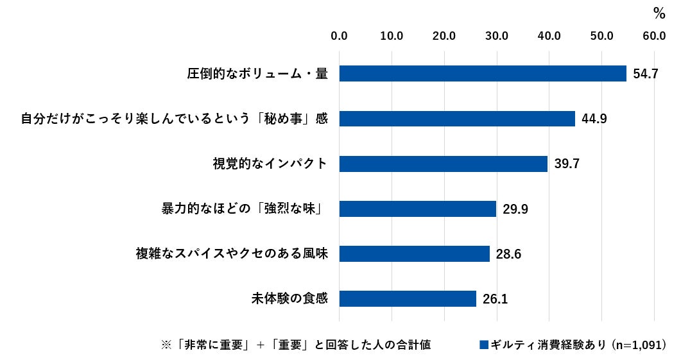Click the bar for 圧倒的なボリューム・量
(482, 74)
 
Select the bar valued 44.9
(456, 119)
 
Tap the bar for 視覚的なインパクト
(443, 164)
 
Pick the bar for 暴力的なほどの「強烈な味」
(417, 209)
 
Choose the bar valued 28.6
(414, 253)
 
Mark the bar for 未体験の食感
(408, 298)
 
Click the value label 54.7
(645, 74)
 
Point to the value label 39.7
(567, 164)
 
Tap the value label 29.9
(515, 209)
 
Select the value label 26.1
(496, 298)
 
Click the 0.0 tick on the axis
(339, 36)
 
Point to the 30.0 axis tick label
(497, 36)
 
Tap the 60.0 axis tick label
(654, 36)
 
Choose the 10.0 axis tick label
(392, 36)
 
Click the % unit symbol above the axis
(659, 12)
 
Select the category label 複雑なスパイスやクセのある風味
(232, 253)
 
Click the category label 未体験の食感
(289, 298)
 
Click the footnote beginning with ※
(295, 345)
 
